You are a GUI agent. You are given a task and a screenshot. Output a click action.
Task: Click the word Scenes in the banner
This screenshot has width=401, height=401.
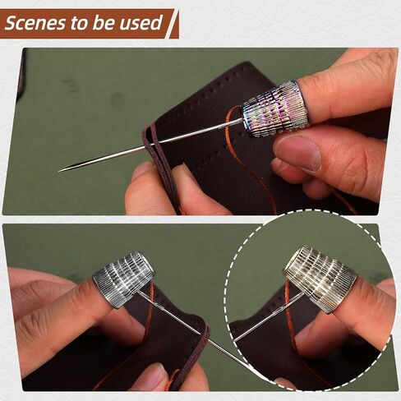point(35,23)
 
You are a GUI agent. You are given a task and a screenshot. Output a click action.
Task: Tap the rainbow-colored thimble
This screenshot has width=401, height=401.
point(275,108)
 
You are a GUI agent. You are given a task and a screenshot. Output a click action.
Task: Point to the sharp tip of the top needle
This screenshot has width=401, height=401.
point(59,171)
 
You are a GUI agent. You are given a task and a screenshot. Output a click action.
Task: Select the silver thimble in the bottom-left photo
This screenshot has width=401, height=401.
point(122,278)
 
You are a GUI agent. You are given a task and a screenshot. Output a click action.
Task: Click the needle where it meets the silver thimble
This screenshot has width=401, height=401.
point(139,293)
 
